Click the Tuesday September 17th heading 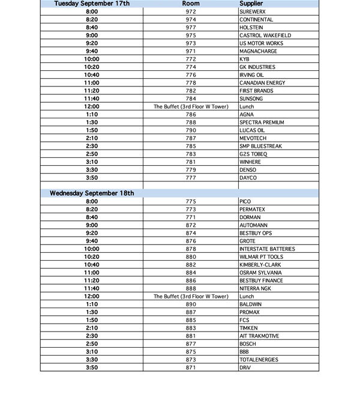(92, 4)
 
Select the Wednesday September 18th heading (92, 193)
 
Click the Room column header (191, 4)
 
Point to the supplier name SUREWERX (252, 11)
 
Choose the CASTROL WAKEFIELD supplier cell (265, 35)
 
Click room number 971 (191, 51)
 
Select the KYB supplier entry (244, 59)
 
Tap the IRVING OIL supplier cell (252, 75)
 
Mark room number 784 (191, 98)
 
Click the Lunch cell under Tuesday (247, 106)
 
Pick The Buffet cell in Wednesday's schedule (191, 296)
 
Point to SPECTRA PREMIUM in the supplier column (262, 123)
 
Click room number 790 (191, 130)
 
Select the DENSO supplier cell (248, 170)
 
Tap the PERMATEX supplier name (252, 209)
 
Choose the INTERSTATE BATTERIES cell (266, 249)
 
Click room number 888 (191, 288)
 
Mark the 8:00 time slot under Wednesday (92, 201)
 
